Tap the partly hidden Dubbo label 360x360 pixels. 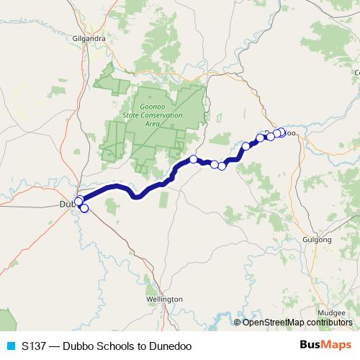(x=66, y=205)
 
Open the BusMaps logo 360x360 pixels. (x=325, y=345)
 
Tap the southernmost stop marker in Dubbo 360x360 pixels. (x=84, y=209)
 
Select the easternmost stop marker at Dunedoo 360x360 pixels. (x=282, y=132)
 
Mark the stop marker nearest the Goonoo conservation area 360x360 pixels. (x=193, y=159)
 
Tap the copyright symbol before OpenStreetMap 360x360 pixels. (x=238, y=322)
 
